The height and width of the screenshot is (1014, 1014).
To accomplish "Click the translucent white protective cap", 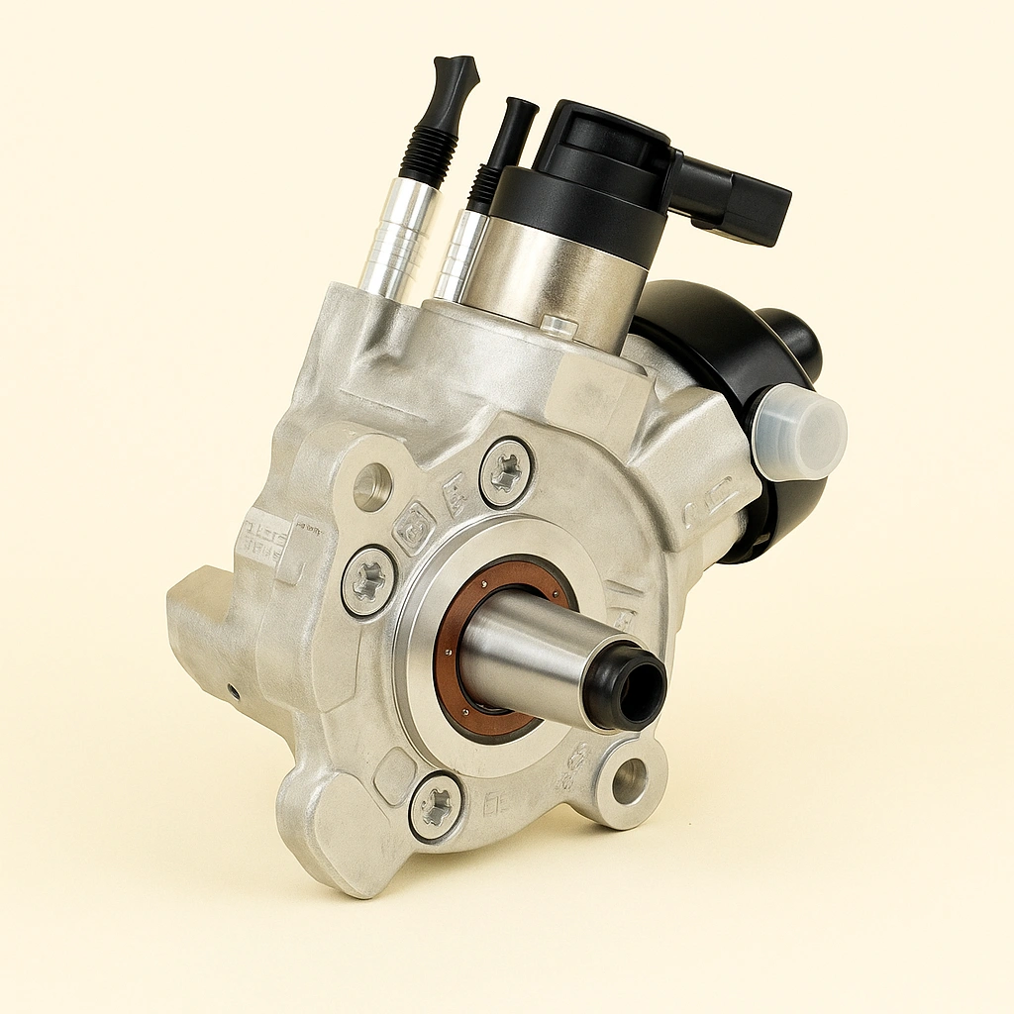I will tap(800, 433).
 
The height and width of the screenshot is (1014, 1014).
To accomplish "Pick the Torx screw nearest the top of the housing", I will tap(506, 473).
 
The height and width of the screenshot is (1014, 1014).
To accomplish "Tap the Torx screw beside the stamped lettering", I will tap(369, 580).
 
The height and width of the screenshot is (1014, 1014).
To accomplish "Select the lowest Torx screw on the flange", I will tap(435, 806).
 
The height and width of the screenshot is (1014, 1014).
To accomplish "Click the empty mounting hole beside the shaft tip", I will tap(630, 781).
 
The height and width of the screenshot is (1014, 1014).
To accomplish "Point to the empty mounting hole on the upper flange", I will tap(372, 487).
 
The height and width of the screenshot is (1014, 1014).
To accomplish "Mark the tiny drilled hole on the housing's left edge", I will tap(233, 691).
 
